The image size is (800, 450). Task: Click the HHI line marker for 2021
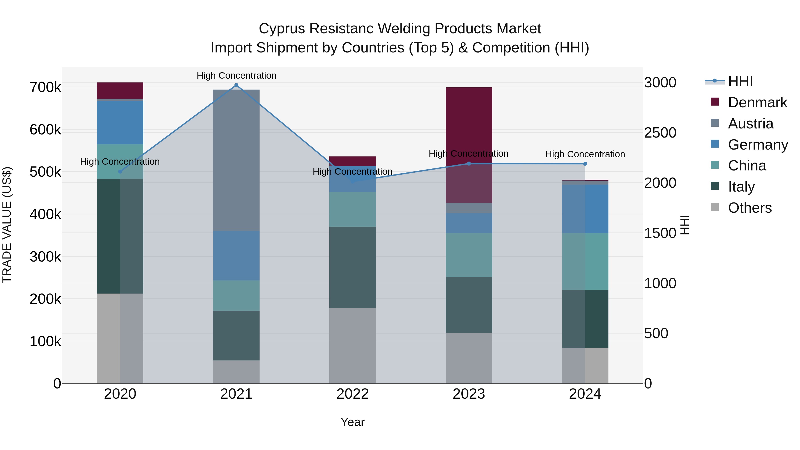coord(236,85)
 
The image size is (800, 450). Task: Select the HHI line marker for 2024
coord(585,164)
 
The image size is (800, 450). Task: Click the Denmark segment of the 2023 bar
coord(469,124)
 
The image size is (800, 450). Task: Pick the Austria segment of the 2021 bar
coord(236,160)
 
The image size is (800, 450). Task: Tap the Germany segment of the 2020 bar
coord(120,122)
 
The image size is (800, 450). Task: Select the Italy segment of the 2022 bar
coord(352,267)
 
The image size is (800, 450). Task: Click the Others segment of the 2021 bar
coord(236,372)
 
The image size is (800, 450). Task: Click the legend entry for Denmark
coord(757,102)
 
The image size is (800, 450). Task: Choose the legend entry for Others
coord(749,208)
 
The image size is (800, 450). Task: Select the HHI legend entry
coord(740,81)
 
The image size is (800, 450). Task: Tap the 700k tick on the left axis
coord(45,87)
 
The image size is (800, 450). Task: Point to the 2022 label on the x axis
coord(352,394)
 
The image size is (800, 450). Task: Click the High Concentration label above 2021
coord(236,76)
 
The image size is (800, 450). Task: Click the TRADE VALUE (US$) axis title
coord(7,225)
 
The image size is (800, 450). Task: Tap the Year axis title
coord(352,422)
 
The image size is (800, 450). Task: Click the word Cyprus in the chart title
coord(282,29)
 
